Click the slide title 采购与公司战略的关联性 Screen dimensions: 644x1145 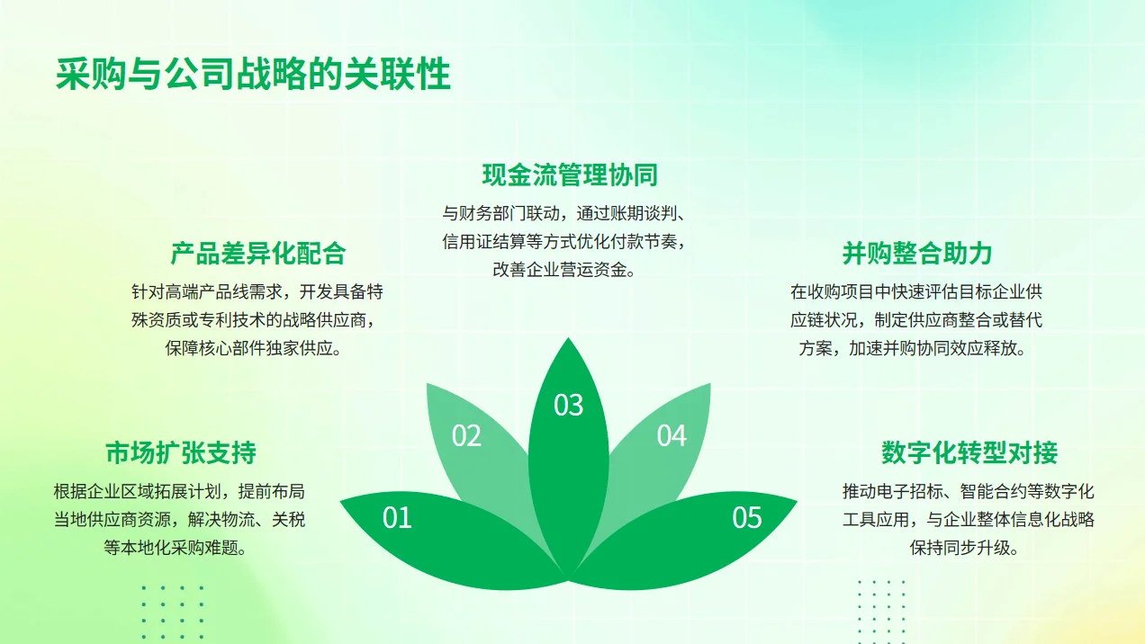coord(253,75)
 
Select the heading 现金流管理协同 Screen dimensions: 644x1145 coord(569,174)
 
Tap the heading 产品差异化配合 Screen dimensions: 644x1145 coord(257,254)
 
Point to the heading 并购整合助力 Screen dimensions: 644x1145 coord(917,254)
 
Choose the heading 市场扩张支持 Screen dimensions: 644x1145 coord(181,452)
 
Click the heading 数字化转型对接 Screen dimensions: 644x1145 coord(969,452)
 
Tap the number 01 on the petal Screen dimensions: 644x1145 coord(397,518)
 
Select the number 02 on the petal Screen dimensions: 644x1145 coord(466,436)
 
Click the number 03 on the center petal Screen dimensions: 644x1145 coord(569,406)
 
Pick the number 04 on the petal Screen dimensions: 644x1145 coord(672,436)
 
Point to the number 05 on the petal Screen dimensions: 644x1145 coord(747,518)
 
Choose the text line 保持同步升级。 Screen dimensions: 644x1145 coord(964,547)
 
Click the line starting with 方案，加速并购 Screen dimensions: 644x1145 coord(913,349)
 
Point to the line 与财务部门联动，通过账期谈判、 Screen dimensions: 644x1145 coord(564,214)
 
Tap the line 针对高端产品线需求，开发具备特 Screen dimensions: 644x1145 coord(257,292)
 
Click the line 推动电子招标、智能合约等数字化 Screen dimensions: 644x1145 coord(969,491)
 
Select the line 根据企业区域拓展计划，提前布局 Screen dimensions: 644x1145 coord(179,491)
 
